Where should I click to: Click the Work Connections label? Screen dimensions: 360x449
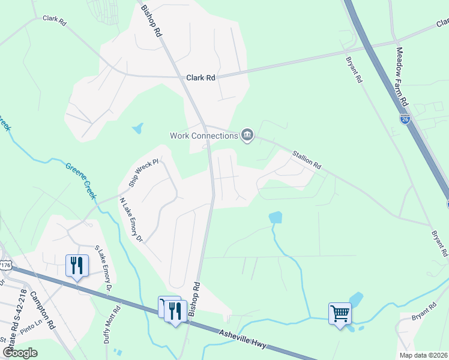pos(204,136)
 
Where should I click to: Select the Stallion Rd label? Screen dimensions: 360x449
pos(307,159)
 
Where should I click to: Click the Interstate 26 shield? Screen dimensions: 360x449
pos(405,119)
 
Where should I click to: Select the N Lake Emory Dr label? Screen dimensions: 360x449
pos(131,220)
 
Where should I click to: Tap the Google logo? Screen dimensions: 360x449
pos(20,352)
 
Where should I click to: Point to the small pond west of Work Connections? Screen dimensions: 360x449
pos(139,128)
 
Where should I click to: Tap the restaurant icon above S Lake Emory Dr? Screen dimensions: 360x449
pos(77,265)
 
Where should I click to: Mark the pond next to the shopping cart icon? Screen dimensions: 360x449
pos(357,299)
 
